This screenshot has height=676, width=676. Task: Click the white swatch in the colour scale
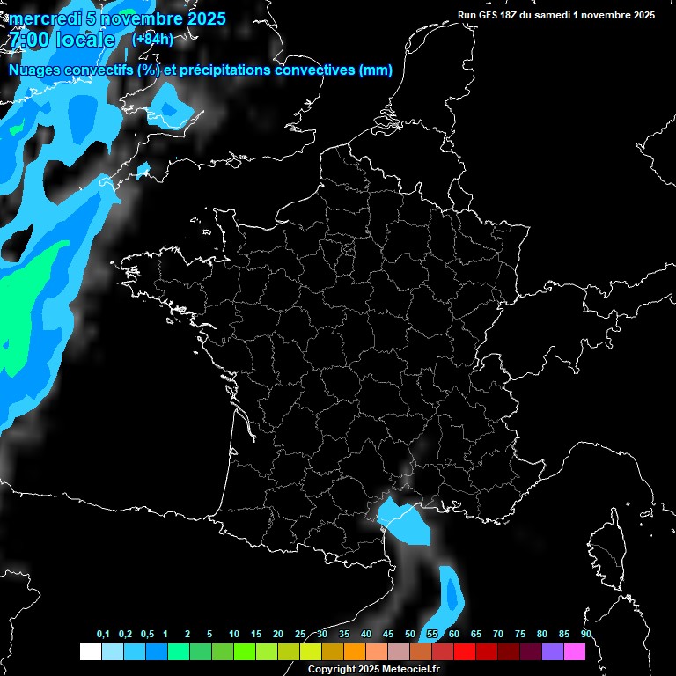(90, 651)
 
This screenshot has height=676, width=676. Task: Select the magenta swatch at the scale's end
(575, 651)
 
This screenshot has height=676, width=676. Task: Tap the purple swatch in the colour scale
(553, 651)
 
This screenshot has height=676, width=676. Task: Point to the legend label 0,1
(103, 635)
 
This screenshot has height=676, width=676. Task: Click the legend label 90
(585, 635)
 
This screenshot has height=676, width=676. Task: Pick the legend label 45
(388, 635)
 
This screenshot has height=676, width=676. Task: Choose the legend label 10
(234, 635)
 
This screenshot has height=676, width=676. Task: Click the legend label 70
(498, 635)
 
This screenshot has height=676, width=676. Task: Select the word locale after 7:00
(84, 40)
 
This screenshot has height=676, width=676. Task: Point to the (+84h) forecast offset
(152, 40)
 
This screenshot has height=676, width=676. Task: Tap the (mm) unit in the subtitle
(376, 70)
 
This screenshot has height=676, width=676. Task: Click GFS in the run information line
(492, 15)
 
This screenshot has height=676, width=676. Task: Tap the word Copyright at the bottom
(332, 670)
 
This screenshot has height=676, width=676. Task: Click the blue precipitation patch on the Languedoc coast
(406, 520)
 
